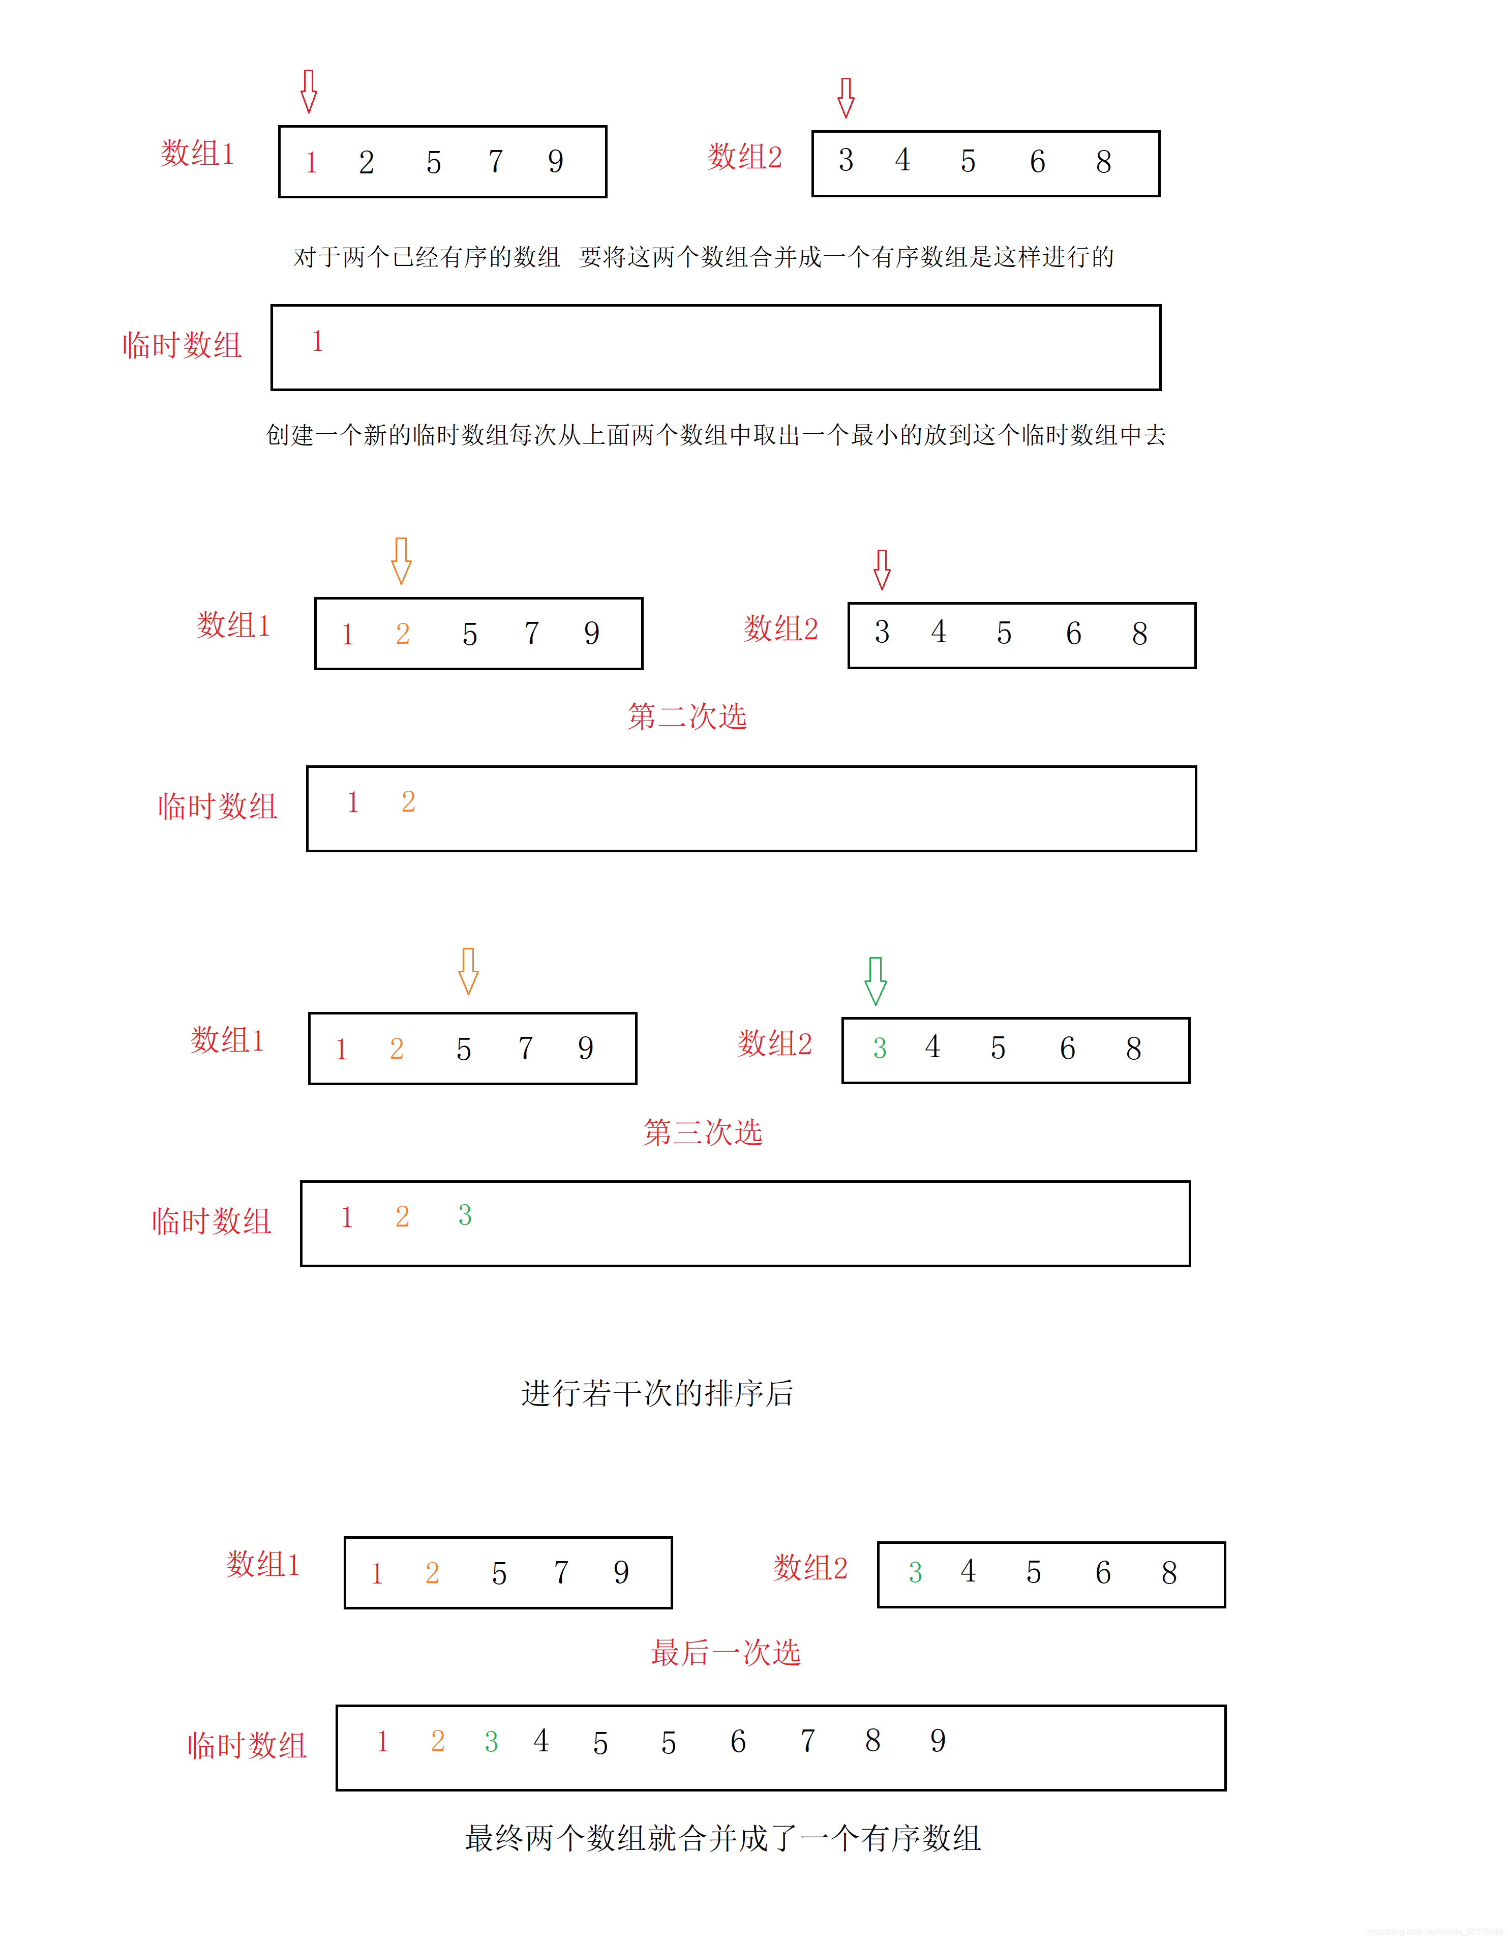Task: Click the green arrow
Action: [x=876, y=980]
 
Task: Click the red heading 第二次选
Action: [x=687, y=716]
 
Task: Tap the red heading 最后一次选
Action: [x=725, y=1652]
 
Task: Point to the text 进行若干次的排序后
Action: [x=657, y=1393]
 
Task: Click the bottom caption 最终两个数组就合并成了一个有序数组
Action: [x=722, y=1837]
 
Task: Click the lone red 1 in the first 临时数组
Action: [x=317, y=341]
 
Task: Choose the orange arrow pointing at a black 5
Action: [x=468, y=970]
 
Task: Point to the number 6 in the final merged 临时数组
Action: [x=738, y=1741]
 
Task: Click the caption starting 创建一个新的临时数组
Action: [x=715, y=435]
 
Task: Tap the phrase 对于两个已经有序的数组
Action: [x=427, y=257]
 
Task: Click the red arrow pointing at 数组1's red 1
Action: [x=308, y=91]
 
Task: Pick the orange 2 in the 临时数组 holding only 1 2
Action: [x=408, y=801]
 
